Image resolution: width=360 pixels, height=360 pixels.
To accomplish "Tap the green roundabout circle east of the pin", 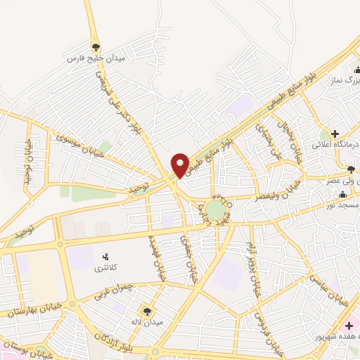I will pos(217,210).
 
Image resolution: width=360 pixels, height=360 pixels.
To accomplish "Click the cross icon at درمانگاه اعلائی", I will pos(335,133).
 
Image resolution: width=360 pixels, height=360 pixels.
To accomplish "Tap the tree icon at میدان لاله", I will pos(147,311).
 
